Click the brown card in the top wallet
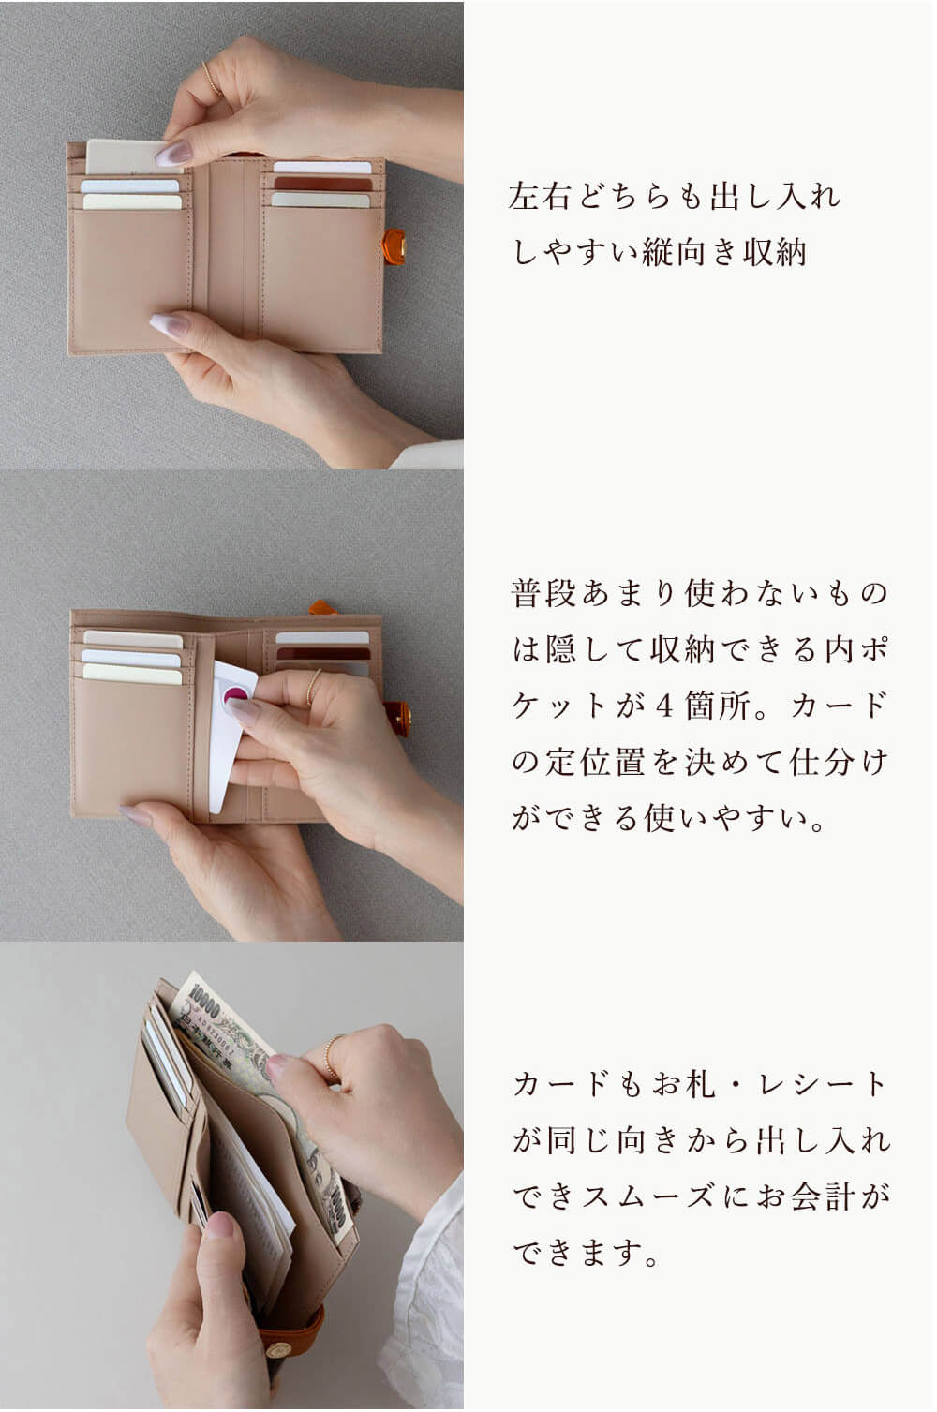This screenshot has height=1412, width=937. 322,184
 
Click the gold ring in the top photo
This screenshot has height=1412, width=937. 212,79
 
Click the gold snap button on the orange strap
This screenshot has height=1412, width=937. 278,1348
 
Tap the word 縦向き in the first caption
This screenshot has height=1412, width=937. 690,253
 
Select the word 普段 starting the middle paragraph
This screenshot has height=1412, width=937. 543,593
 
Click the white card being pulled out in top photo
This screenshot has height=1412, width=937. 125,156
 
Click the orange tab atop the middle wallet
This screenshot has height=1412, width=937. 320,607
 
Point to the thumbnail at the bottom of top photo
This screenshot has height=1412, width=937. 169,324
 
